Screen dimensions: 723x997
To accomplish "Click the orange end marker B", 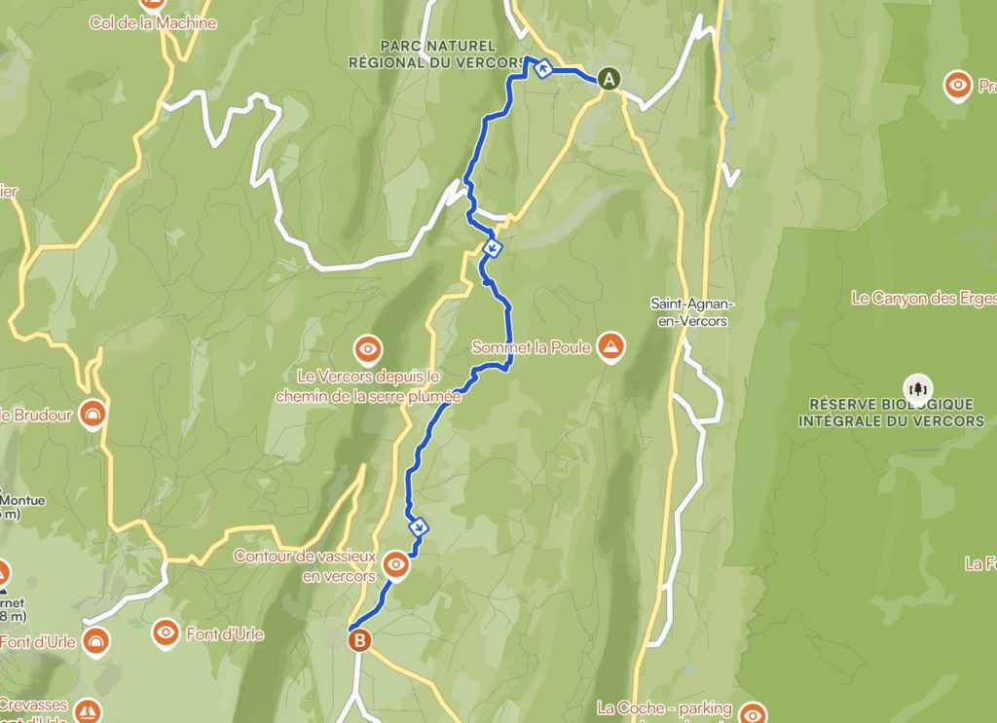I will tap(360, 639).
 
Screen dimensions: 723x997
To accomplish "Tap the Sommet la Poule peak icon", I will tap(611, 347).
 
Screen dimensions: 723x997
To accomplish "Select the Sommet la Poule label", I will tap(531, 347).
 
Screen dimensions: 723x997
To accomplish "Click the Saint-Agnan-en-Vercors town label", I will tap(692, 312).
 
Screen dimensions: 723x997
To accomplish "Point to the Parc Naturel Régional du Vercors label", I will tap(437, 54).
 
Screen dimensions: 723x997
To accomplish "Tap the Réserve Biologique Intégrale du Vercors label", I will tap(891, 413).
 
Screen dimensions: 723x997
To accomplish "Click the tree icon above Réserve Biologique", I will tap(917, 388).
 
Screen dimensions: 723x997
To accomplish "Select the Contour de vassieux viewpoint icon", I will tap(395, 563).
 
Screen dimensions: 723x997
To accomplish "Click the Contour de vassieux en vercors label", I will tap(305, 566).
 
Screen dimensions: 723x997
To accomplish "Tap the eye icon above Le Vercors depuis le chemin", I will tap(368, 347).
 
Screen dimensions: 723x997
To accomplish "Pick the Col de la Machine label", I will tap(153, 22).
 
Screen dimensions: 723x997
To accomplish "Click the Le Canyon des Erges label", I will tap(923, 299).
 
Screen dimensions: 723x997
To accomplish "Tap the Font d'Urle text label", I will tap(227, 634).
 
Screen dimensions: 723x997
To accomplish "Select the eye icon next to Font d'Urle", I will tap(166, 634).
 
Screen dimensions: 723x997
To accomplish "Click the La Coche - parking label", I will tap(664, 708).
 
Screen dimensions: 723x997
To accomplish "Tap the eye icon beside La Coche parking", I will tap(753, 714).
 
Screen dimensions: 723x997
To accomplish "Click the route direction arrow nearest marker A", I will tap(542, 68).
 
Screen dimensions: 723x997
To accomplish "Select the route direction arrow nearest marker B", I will tap(420, 527).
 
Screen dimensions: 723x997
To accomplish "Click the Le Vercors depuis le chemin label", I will tap(368, 386).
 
